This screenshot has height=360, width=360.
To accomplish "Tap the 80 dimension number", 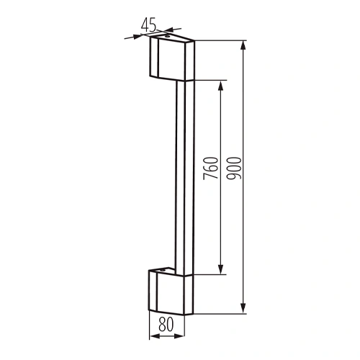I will (166, 325).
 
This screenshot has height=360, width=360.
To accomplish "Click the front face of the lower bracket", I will (168, 295).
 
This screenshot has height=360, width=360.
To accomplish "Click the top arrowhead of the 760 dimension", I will (221, 84).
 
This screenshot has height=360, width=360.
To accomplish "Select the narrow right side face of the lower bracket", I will (190, 295).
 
